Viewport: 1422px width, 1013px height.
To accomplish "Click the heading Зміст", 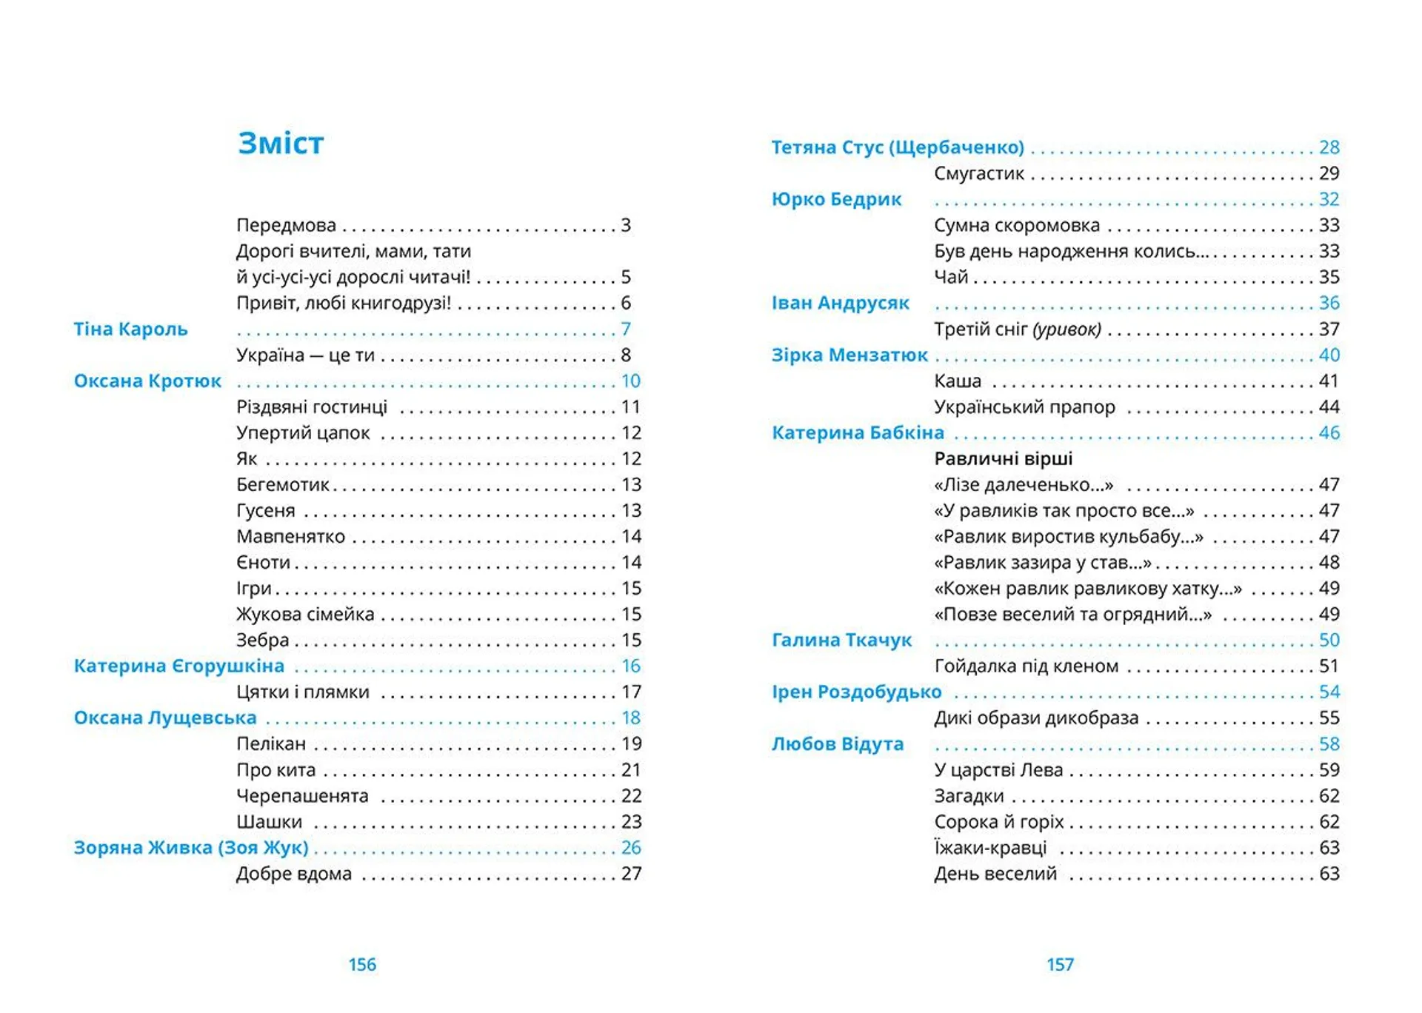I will pyautogui.click(x=281, y=144).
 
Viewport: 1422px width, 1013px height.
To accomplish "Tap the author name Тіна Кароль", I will pyautogui.click(x=130, y=329).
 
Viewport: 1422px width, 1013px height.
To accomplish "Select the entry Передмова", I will pyautogui.click(x=286, y=225).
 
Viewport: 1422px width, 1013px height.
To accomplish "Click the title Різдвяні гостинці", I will pyautogui.click(x=312, y=407).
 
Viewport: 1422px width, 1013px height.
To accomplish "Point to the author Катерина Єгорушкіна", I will pyautogui.click(x=178, y=666).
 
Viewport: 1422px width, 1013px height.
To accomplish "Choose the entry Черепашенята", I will pyautogui.click(x=302, y=796).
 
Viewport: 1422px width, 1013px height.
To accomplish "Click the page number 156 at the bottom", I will pyautogui.click(x=362, y=964).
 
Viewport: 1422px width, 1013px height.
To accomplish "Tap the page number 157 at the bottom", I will pyautogui.click(x=1060, y=964).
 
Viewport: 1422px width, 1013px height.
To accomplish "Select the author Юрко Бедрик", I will pyautogui.click(x=836, y=199).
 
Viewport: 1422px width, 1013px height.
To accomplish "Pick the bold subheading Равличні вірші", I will pyautogui.click(x=1003, y=458).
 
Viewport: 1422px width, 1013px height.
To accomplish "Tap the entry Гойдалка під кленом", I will pyautogui.click(x=1027, y=666).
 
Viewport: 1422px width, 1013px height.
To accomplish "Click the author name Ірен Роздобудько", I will pyautogui.click(x=856, y=692).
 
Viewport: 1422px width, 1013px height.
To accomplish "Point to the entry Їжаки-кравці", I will pyautogui.click(x=990, y=847).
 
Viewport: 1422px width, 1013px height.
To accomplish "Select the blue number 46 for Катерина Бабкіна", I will pyautogui.click(x=1329, y=432).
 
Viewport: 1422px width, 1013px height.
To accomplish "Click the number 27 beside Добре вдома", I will pyautogui.click(x=631, y=874).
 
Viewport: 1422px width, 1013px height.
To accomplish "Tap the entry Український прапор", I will pyautogui.click(x=1024, y=407).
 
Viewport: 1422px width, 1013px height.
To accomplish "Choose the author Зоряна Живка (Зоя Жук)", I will pyautogui.click(x=191, y=847).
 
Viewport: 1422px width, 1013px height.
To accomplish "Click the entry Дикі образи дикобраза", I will pyautogui.click(x=1036, y=718).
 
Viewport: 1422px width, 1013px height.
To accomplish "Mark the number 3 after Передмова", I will pyautogui.click(x=626, y=225).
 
